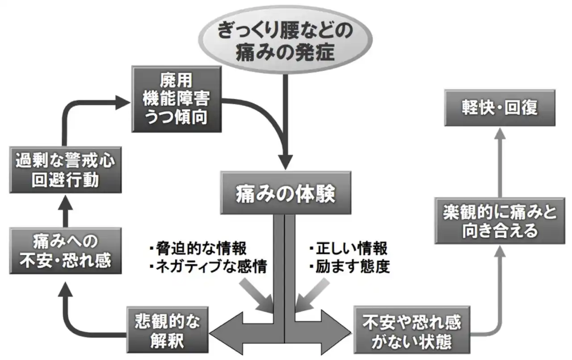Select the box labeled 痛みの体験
[285, 193]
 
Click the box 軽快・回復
[500, 108]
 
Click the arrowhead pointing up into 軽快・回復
[500, 134]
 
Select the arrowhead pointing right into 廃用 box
[122, 102]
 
